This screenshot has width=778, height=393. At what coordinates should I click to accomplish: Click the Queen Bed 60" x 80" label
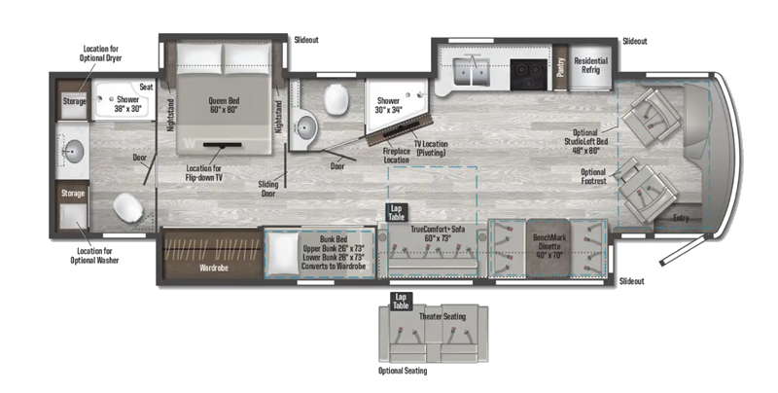point(224,105)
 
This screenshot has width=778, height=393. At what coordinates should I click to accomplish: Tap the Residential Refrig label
point(590,65)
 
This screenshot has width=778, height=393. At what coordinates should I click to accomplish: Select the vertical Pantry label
point(561,67)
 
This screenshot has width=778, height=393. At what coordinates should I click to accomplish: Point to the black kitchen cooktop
point(528,75)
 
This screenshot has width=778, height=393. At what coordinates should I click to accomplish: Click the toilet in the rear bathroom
point(127,207)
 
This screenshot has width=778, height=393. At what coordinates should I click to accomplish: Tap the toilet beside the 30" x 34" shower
point(336,97)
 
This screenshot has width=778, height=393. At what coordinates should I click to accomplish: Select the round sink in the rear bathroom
point(75,151)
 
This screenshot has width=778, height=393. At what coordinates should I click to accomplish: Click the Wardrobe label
point(214,268)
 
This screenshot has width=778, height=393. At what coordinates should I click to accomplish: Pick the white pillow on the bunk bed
point(282,254)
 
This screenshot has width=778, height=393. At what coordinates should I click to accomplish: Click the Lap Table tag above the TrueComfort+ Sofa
point(397,212)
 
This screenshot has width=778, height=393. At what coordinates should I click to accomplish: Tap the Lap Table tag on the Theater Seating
point(401,302)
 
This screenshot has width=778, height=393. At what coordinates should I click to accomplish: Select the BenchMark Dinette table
point(548,247)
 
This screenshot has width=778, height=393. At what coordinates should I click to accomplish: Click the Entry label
point(681,218)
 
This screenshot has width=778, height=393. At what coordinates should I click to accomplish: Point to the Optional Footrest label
point(593,177)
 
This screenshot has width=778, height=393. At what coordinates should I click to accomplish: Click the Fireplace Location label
point(397,156)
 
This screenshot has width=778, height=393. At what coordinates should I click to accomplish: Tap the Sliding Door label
point(268,189)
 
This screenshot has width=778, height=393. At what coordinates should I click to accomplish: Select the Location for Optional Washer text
point(94,256)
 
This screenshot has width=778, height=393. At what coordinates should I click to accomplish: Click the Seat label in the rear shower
point(146,87)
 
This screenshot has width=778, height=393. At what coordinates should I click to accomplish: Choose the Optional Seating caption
point(403,371)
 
